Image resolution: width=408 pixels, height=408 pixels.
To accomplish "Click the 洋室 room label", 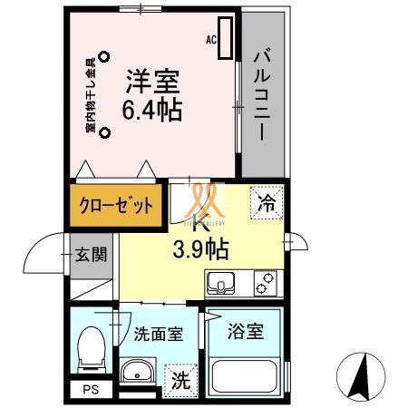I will (152, 82).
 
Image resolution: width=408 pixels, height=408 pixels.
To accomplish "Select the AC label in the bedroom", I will (211, 41).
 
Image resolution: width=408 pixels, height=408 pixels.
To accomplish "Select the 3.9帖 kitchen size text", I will (201, 248).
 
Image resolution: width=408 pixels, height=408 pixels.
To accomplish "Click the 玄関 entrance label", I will (91, 254).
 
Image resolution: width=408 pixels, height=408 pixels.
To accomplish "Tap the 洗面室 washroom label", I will (159, 333).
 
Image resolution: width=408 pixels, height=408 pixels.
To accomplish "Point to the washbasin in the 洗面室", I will (139, 372).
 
